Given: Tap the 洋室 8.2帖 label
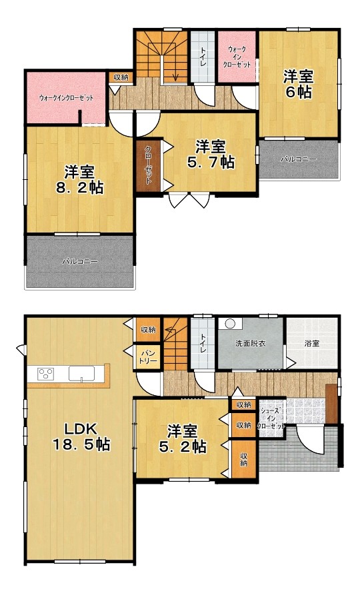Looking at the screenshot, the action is (x=79, y=180).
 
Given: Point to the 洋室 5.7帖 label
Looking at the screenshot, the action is (x=211, y=155).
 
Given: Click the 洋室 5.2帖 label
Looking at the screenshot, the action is (x=182, y=438).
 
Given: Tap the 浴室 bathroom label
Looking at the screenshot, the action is (x=312, y=343).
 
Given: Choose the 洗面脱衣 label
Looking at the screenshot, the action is (x=250, y=343).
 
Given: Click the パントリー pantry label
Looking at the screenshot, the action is (x=149, y=356).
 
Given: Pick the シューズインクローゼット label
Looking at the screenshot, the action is (x=271, y=418).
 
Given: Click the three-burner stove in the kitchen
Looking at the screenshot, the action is (x=46, y=374).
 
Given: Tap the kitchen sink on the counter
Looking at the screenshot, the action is (x=81, y=374).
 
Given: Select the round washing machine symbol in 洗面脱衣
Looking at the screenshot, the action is (x=230, y=324).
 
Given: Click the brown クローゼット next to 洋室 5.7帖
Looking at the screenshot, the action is (x=148, y=167).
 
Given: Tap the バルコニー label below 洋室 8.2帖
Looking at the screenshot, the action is (x=80, y=261).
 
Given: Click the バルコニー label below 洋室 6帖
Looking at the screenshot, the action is (x=298, y=159).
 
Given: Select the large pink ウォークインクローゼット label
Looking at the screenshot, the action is (x=66, y=98).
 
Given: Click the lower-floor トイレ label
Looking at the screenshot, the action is (x=203, y=343).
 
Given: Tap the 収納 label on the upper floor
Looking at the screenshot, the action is (x=121, y=77).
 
